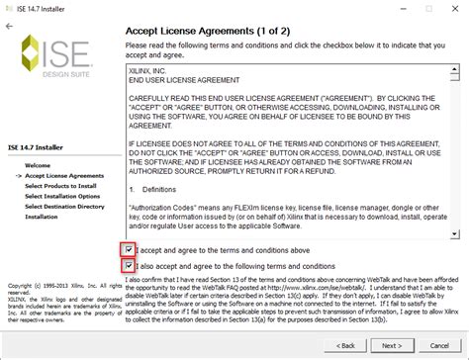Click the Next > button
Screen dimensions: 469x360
[x=392, y=345]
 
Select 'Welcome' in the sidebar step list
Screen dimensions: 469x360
[x=38, y=164]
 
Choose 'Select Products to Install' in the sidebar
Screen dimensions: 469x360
[x=60, y=185]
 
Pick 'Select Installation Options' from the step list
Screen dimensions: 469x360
[x=62, y=195]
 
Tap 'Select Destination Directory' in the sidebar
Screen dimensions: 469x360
[x=64, y=206]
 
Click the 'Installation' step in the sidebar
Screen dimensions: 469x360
[x=42, y=216]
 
